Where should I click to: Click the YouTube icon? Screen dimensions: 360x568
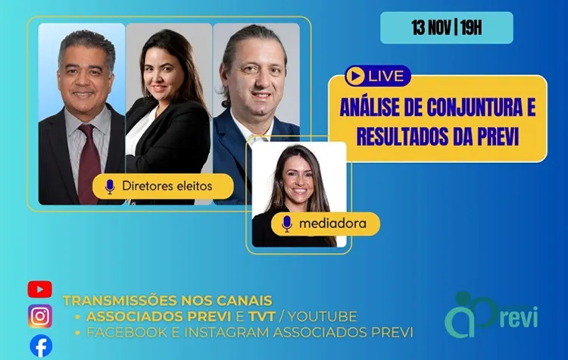(x=39, y=289)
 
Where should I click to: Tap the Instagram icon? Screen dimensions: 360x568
(x=40, y=316)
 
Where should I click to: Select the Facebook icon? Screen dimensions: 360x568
(x=41, y=346)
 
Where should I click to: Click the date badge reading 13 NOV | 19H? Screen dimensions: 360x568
(x=447, y=28)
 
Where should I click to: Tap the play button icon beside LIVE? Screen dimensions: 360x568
(x=354, y=76)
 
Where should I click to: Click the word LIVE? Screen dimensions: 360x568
(x=386, y=76)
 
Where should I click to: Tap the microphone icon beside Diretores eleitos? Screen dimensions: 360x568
(x=110, y=186)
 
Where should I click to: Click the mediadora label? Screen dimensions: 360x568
(x=328, y=224)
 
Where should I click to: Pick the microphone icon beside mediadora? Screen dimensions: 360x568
(x=287, y=224)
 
